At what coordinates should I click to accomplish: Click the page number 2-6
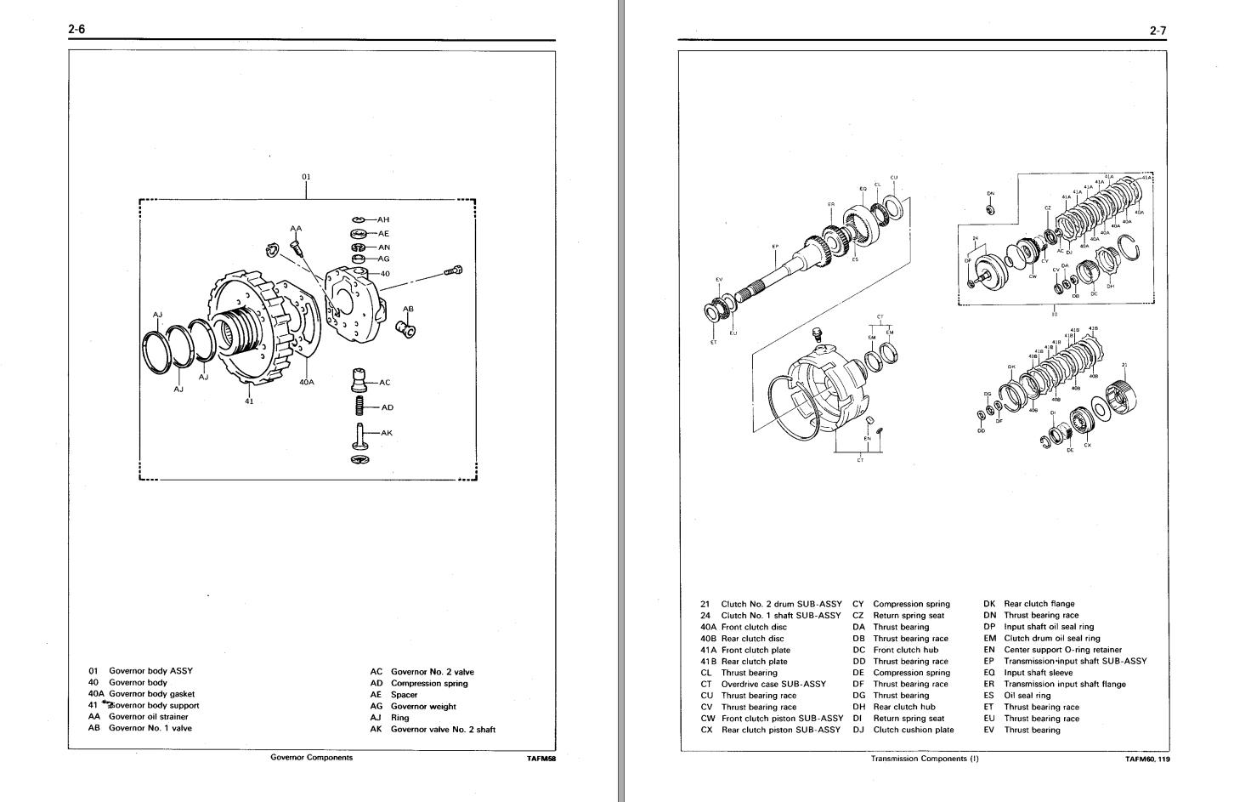coord(76,30)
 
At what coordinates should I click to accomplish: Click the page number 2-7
coord(1158,31)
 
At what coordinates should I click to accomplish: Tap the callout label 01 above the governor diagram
coord(306,177)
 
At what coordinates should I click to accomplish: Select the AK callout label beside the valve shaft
coord(387,433)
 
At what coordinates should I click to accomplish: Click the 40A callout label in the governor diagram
coord(307,383)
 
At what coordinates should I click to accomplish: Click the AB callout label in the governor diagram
coord(408,309)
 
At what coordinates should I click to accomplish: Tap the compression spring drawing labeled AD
coord(359,407)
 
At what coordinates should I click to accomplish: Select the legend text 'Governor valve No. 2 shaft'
coord(443,729)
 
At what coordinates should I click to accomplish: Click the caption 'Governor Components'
coord(311,757)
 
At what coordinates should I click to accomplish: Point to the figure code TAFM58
coord(541,759)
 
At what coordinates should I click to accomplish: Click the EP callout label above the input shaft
coord(774,247)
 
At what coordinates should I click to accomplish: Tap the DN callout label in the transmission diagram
coord(990,193)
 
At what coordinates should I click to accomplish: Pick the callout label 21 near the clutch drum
coord(1124,365)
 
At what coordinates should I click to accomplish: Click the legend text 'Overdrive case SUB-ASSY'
coord(773,684)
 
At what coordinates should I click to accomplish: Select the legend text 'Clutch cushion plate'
coord(914,730)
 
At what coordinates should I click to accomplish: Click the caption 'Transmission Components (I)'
coord(925,759)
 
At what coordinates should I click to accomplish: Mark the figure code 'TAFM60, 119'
coord(1147,759)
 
